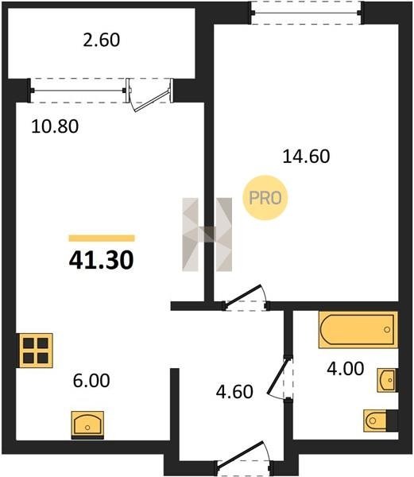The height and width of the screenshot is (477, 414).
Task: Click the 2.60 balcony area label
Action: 102,41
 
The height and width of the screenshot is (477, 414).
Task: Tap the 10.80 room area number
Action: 55,126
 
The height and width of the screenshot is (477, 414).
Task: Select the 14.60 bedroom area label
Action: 306,157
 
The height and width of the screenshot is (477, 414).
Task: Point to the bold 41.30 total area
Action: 101,261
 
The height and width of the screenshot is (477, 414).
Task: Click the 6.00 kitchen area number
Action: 91,381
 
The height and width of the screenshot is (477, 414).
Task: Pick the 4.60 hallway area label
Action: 234,392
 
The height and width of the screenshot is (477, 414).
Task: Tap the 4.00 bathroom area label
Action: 346,369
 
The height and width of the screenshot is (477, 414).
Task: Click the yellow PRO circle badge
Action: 265,198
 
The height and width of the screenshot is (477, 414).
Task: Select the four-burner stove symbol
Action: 36,351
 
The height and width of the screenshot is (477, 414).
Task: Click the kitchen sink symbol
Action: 87,425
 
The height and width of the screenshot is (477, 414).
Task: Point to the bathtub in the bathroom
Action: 358,330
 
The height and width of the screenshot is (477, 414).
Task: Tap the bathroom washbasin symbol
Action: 387,380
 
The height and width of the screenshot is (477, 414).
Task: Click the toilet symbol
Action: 381,421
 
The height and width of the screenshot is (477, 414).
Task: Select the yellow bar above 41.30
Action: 102,238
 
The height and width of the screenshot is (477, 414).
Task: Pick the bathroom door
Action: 279,377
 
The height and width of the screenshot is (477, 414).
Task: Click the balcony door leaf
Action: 151,100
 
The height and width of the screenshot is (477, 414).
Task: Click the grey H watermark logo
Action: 207,235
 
